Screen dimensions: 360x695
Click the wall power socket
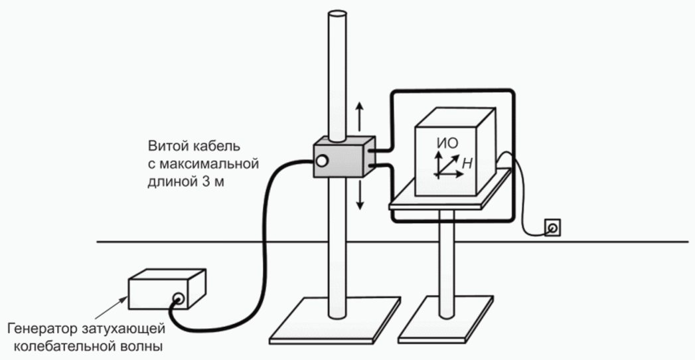click(552, 228)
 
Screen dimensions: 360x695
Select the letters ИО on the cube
click(445, 143)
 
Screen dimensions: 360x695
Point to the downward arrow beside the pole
click(360, 195)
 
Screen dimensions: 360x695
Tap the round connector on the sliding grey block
click(323, 160)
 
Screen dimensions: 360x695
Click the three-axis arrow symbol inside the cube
click(445, 165)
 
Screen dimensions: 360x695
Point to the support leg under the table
click(447, 266)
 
